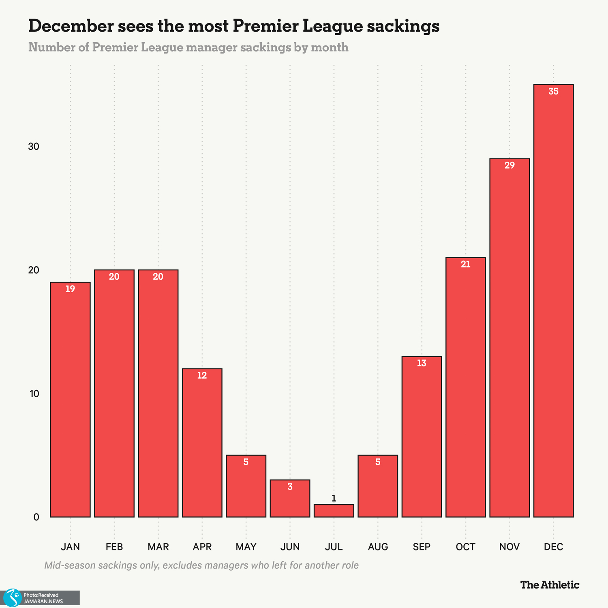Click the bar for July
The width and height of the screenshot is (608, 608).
(x=334, y=511)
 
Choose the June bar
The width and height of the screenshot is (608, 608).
(x=290, y=499)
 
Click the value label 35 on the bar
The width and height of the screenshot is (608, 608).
(x=553, y=92)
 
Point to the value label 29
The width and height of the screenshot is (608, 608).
(x=510, y=165)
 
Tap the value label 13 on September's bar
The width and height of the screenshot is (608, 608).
(x=422, y=363)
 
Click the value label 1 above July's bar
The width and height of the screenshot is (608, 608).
(x=334, y=499)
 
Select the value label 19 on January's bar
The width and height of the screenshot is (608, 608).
(x=70, y=289)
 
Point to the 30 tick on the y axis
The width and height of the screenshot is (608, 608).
(x=34, y=147)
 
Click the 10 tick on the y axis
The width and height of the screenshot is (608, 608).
(x=34, y=394)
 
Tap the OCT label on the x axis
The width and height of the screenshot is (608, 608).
(x=465, y=547)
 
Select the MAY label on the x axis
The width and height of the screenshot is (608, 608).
(x=246, y=547)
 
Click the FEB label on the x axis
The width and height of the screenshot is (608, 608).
(x=114, y=547)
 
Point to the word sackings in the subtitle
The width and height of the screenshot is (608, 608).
(x=265, y=47)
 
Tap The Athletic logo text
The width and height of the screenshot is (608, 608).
(x=550, y=585)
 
